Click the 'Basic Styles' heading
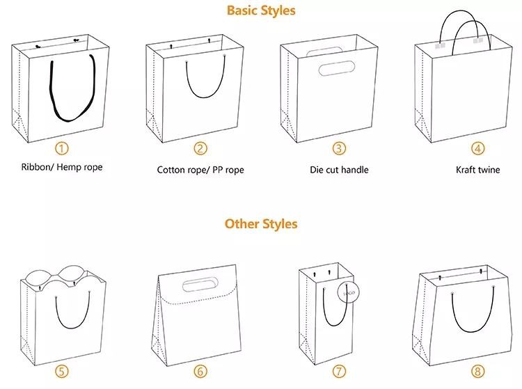coord(261,10)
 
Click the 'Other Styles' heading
coord(261,223)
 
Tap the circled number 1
coord(62,148)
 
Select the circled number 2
coord(200,148)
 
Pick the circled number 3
coord(339,148)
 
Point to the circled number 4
coord(477,148)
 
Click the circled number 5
coord(62,372)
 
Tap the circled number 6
coord(200,372)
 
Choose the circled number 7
coord(339,372)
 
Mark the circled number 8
coord(477,372)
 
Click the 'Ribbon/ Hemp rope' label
coord(62,168)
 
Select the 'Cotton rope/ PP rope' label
coord(200,170)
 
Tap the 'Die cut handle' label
coord(339,170)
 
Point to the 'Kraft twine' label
coord(477,170)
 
